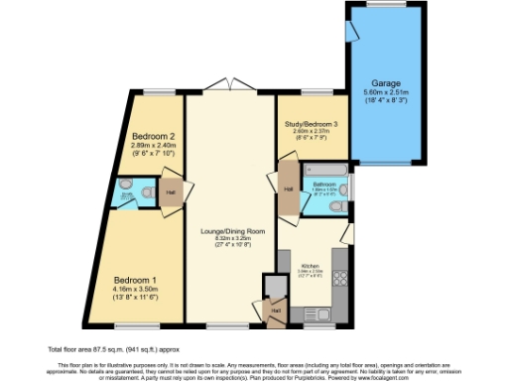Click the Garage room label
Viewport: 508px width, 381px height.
coord(385,82)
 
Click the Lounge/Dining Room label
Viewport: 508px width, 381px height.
coord(229,229)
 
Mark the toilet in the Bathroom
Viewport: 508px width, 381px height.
coord(339,206)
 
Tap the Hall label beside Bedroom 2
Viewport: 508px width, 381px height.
coord(171,191)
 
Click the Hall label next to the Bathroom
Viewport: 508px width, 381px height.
coord(288,189)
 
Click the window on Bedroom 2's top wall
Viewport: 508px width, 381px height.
coord(154,93)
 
